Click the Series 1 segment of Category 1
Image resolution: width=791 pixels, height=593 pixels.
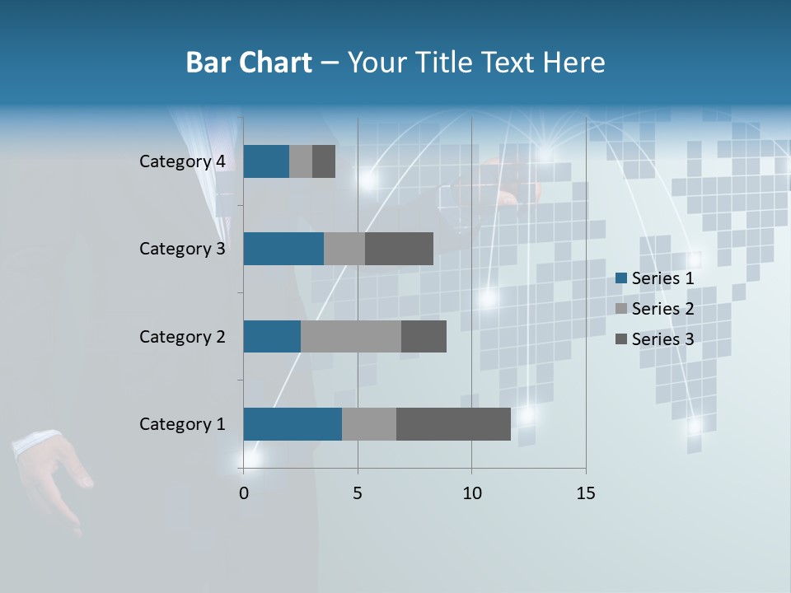point(293,424)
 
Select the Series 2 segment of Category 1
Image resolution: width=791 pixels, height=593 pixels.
point(369,424)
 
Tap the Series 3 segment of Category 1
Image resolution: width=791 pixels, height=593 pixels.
point(453,424)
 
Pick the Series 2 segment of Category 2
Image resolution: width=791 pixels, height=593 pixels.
point(351,336)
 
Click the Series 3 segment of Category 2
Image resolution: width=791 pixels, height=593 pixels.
point(424,336)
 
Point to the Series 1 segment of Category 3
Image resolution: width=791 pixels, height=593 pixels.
point(283,249)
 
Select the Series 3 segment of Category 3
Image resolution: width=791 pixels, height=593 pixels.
point(399,249)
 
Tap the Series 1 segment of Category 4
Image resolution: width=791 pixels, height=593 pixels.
point(266,161)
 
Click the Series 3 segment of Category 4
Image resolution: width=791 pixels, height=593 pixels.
point(324,161)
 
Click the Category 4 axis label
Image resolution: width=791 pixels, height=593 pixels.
point(182,161)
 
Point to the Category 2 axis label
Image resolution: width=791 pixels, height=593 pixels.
point(182,336)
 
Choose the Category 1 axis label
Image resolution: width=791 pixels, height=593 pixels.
point(182,424)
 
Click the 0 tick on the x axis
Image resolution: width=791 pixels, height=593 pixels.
point(243,493)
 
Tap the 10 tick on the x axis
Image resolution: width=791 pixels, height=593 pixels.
point(471,493)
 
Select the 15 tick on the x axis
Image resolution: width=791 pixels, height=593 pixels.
point(586,493)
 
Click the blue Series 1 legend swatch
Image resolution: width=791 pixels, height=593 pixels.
point(620,278)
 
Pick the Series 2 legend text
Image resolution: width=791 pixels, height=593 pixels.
point(662,309)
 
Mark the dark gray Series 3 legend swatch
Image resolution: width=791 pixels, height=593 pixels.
point(620,339)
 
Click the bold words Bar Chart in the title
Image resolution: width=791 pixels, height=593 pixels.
point(249,63)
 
